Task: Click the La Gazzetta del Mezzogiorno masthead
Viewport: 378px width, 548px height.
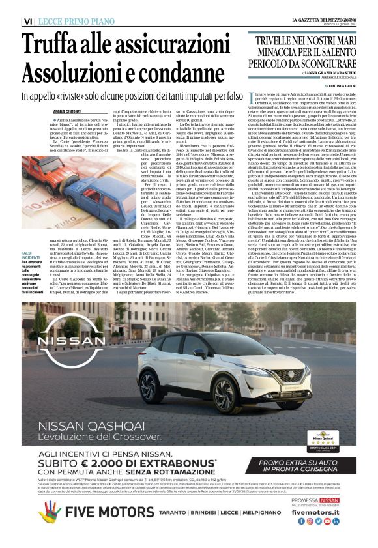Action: point(323,21)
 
